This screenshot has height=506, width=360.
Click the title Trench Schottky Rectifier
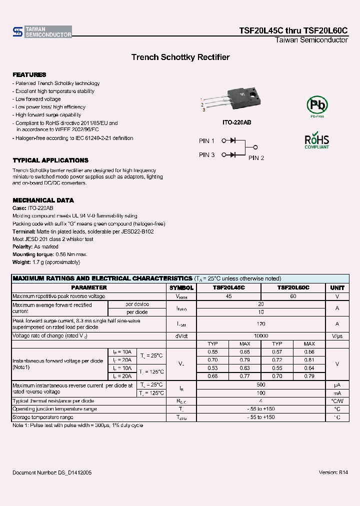pyautogui.click(x=180, y=57)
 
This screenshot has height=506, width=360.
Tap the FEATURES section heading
pyautogui.click(x=29, y=74)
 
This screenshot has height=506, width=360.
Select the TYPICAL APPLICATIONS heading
pyautogui.click(x=50, y=160)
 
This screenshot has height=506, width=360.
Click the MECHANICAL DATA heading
pyautogui.click(x=43, y=200)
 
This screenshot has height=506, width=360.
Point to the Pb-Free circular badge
pyautogui.click(x=317, y=106)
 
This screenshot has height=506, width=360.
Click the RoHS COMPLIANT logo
pyautogui.click(x=317, y=140)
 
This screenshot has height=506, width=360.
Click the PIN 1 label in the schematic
pyautogui.click(x=206, y=141)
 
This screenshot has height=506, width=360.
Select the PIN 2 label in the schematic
pyautogui.click(x=256, y=158)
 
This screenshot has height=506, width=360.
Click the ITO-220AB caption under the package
pyautogui.click(x=236, y=122)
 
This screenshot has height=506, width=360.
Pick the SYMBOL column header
pyautogui.click(x=181, y=288)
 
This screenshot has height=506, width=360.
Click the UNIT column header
pyautogui.click(x=337, y=288)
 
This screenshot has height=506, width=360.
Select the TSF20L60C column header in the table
pyautogui.click(x=293, y=288)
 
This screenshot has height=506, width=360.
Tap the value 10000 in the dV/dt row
pyautogui.click(x=261, y=336)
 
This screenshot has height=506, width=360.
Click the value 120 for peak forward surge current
pyautogui.click(x=261, y=323)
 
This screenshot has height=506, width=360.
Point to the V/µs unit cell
pyautogui.click(x=337, y=336)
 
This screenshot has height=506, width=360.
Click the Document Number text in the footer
pyautogui.click(x=52, y=472)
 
